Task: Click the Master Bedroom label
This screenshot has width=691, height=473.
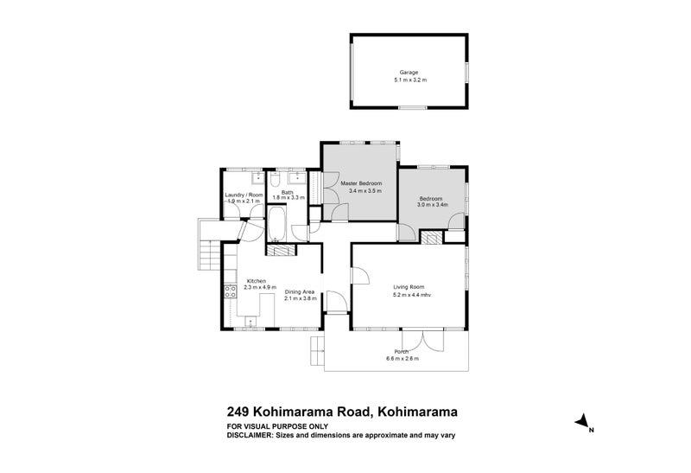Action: (360, 183)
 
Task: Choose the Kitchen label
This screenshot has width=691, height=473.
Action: (257, 281)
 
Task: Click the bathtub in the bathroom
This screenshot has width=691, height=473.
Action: (278, 222)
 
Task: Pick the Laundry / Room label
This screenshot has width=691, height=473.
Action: (242, 195)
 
